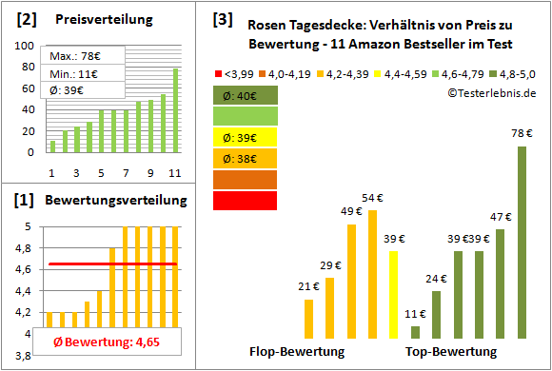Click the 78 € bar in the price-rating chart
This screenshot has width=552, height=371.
tap(522, 243)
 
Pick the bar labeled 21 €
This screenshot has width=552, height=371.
tap(308, 319)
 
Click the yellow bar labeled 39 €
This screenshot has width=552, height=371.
tap(393, 295)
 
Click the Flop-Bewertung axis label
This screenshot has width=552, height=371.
tap(297, 352)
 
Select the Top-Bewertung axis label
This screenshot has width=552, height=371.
tap(451, 352)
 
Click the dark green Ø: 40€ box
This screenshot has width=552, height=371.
tap(246, 95)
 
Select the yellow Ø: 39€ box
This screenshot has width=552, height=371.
tap(246, 138)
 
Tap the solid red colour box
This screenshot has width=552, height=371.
tap(246, 201)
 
